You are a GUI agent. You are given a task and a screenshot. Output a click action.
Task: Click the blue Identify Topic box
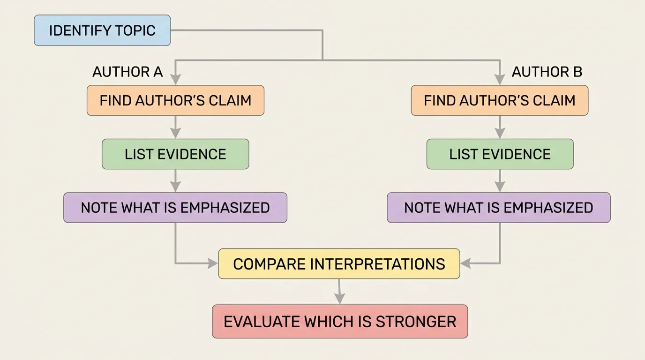click(x=102, y=30)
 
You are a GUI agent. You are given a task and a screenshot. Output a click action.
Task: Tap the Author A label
click(x=127, y=72)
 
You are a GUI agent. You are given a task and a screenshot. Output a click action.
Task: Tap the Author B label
click(x=547, y=72)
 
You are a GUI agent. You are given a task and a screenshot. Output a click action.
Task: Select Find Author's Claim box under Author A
click(x=175, y=100)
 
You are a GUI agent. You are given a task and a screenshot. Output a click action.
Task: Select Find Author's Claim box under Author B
click(x=499, y=100)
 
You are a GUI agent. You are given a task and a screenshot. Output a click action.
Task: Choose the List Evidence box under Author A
click(x=175, y=154)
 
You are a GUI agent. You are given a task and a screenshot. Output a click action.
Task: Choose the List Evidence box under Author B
click(x=500, y=154)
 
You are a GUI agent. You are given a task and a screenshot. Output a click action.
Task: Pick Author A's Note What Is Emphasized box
click(x=175, y=208)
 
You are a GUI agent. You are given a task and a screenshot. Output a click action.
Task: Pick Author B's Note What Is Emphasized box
click(x=499, y=208)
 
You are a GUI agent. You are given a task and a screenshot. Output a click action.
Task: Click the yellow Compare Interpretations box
click(x=339, y=264)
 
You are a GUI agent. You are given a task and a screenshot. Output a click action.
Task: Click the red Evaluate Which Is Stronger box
click(x=340, y=322)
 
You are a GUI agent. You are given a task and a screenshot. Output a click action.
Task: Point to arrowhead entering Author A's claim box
click(x=175, y=80)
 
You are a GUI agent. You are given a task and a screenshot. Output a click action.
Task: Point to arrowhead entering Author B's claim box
click(x=500, y=80)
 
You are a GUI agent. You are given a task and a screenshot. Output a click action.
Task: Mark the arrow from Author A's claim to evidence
click(x=175, y=127)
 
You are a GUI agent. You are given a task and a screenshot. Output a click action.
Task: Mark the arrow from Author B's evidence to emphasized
click(x=500, y=180)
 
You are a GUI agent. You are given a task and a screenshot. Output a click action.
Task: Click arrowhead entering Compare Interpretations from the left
click(x=213, y=264)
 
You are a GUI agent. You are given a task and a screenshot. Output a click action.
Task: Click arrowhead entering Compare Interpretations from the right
click(x=465, y=264)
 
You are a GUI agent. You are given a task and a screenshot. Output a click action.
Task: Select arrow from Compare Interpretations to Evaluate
click(x=339, y=292)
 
